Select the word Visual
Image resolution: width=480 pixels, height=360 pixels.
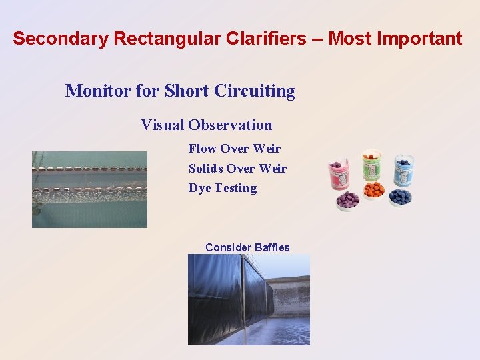pos(162,125)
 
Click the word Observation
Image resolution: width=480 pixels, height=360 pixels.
pos(230,125)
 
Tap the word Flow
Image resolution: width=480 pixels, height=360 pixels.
pos(202,149)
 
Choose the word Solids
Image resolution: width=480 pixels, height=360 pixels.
pos(206,169)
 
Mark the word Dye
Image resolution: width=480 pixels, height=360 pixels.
pos(199,189)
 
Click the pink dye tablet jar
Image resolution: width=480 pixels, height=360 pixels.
pos(340,175)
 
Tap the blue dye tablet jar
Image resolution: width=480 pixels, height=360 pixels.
pos(403,171)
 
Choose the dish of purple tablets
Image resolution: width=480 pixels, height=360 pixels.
pos(347,201)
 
